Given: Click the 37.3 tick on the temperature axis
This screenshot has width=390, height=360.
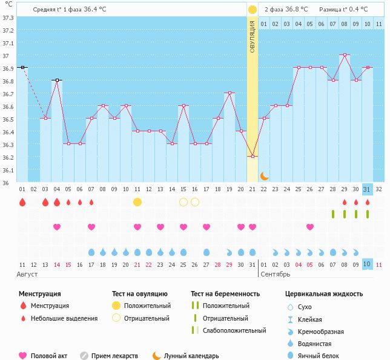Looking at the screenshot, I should click(8, 17).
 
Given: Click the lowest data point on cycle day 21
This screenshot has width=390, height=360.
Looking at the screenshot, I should click(253, 156).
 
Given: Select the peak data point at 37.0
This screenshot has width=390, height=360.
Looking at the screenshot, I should click(345, 55).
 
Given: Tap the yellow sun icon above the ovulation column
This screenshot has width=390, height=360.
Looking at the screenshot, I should click(253, 10).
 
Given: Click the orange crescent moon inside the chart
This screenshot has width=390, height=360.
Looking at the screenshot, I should click(265, 176).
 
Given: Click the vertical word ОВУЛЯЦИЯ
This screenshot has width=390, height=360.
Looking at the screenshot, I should click(253, 36).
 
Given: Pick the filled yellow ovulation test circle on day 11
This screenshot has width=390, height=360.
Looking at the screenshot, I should click(137, 201).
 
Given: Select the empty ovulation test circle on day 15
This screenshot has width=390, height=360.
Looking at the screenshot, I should click(183, 201).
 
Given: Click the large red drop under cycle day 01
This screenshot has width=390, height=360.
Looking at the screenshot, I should click(22, 202).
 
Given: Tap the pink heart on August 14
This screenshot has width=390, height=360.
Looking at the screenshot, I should click(57, 227).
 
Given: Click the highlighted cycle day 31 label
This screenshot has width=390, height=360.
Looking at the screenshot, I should click(367, 189).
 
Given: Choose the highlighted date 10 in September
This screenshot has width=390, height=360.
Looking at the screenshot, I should click(367, 264).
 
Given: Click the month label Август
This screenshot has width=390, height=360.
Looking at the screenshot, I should click(28, 274).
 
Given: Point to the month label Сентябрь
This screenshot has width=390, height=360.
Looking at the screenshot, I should click(275, 274).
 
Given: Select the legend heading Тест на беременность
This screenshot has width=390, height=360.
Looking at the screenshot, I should click(225, 294).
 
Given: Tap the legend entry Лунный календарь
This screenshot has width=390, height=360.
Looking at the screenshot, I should click(191, 356).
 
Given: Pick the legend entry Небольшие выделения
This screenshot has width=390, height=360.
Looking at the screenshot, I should click(64, 318).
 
